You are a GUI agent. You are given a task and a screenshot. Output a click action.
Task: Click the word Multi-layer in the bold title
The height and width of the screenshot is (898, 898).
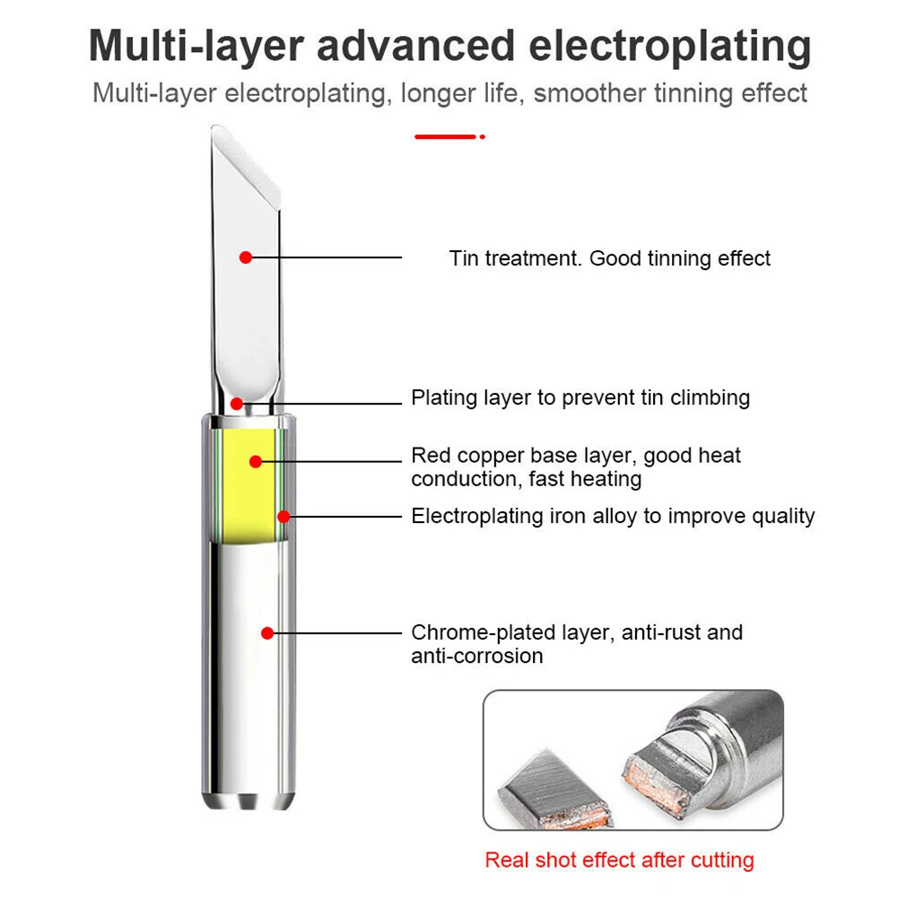[195, 47]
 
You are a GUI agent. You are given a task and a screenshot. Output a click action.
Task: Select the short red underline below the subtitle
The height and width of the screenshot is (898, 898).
[445, 136]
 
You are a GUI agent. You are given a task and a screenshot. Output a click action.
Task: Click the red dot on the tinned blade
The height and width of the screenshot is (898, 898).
[245, 257]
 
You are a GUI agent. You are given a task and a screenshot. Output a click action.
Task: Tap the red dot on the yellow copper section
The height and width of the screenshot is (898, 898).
[256, 461]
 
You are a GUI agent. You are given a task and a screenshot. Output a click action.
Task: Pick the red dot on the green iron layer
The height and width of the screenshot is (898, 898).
[283, 516]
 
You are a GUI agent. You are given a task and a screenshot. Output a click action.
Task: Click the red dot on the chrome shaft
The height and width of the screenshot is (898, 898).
[266, 632]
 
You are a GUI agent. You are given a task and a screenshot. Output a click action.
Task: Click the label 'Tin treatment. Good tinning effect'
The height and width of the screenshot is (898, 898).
[609, 258]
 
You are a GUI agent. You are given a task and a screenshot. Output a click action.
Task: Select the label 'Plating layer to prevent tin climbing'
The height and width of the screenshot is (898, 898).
[580, 397]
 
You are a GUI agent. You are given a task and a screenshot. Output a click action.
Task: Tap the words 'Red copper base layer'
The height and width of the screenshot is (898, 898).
[523, 455]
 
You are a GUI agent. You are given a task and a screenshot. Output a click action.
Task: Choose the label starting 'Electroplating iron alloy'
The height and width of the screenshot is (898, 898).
[613, 516]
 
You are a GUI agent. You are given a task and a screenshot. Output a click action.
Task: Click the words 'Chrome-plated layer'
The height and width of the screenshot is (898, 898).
[509, 632]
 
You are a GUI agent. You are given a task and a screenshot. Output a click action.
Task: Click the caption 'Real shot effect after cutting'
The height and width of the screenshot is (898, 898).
[619, 859]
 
